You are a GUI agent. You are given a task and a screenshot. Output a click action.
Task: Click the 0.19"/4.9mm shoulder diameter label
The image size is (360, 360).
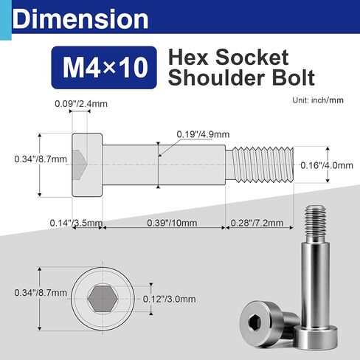tap(203, 134)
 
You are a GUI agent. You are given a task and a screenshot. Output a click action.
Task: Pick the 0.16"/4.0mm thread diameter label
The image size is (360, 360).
tap(325, 167)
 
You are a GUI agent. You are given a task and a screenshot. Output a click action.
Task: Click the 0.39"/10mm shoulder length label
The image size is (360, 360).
tap(167, 222)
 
